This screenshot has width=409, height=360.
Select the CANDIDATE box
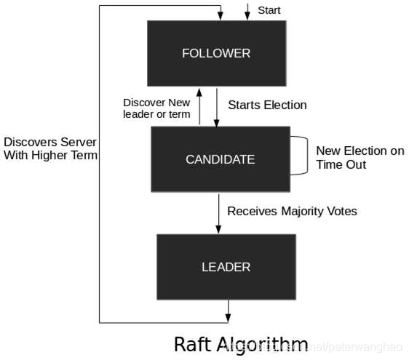[219, 159]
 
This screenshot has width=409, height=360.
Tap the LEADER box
[226, 267]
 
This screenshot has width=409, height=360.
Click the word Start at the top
[269, 10]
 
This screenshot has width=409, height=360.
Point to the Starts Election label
[267, 105]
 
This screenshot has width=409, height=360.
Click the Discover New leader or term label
[156, 108]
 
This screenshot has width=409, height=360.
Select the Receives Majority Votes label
[292, 211]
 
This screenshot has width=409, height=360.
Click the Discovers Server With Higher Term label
[49, 148]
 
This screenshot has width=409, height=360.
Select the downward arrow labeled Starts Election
[217, 106]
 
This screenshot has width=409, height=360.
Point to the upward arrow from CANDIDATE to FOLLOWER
[200, 106]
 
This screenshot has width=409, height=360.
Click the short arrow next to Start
[247, 11]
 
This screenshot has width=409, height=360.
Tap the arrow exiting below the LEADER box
[229, 311]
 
